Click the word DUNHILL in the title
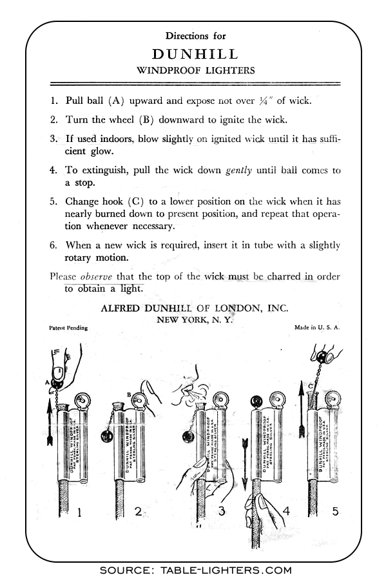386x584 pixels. pos(195,54)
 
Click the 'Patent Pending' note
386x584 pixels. pos(68,328)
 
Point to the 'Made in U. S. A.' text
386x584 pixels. pos(316,328)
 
